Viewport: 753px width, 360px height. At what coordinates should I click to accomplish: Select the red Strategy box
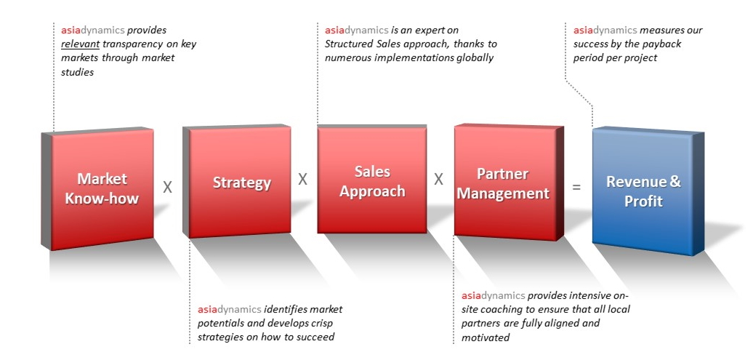241,183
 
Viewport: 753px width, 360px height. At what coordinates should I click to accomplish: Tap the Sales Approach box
372,181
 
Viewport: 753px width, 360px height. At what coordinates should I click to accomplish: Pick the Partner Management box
503,183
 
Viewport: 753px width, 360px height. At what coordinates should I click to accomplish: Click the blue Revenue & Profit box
643,191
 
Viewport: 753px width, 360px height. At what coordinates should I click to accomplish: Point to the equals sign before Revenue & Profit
576,187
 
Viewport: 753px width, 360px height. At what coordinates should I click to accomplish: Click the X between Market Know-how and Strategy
167,187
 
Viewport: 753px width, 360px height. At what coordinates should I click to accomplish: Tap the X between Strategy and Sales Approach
302,179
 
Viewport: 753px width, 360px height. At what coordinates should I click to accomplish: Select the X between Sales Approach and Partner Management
438,179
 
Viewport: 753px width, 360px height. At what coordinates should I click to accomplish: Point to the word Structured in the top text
350,44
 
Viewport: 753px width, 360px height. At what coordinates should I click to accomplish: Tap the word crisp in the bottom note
324,323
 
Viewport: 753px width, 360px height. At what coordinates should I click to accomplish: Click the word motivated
486,337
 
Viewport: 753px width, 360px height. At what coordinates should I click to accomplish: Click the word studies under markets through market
77,72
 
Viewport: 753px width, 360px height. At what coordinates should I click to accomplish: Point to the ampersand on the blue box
675,182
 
